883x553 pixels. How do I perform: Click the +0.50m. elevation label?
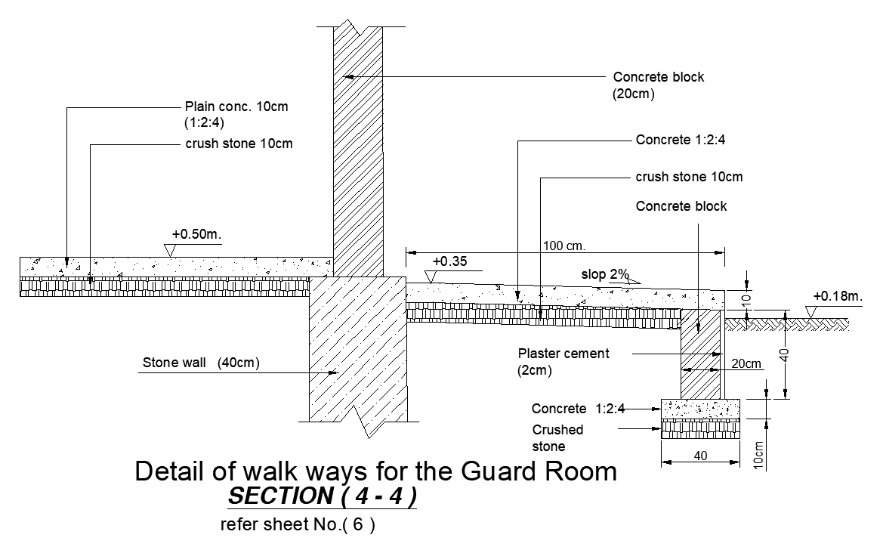(196, 234)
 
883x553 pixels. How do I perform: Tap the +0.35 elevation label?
(449, 261)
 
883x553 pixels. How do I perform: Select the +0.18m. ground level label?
(837, 297)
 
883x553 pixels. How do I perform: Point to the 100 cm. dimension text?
(564, 246)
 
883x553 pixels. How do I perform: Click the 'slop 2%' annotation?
(605, 274)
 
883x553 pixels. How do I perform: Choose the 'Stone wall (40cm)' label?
(201, 363)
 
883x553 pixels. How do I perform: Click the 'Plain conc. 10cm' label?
(236, 107)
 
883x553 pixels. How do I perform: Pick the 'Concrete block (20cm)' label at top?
(658, 77)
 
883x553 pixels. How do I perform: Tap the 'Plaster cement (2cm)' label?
(563, 354)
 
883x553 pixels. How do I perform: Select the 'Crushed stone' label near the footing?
(557, 437)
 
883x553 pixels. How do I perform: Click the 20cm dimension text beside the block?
(746, 363)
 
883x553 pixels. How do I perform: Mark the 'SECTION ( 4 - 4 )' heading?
(321, 496)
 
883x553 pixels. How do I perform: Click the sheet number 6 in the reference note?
(360, 525)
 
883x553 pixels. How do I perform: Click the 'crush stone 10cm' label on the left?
(239, 144)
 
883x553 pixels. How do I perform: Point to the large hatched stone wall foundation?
(358, 348)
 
